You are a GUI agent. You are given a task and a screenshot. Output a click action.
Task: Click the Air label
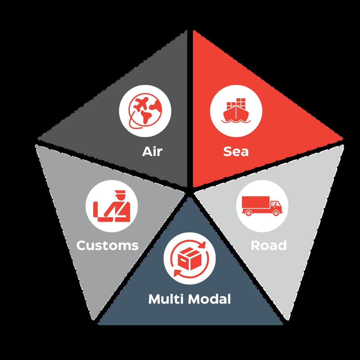pyautogui.click(x=152, y=151)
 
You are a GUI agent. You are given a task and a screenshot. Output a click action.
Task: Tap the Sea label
pyautogui.click(x=236, y=151)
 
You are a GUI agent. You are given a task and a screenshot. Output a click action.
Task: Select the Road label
pyautogui.click(x=269, y=245)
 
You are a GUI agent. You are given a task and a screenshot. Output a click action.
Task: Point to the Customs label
pyautogui.click(x=107, y=245)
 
